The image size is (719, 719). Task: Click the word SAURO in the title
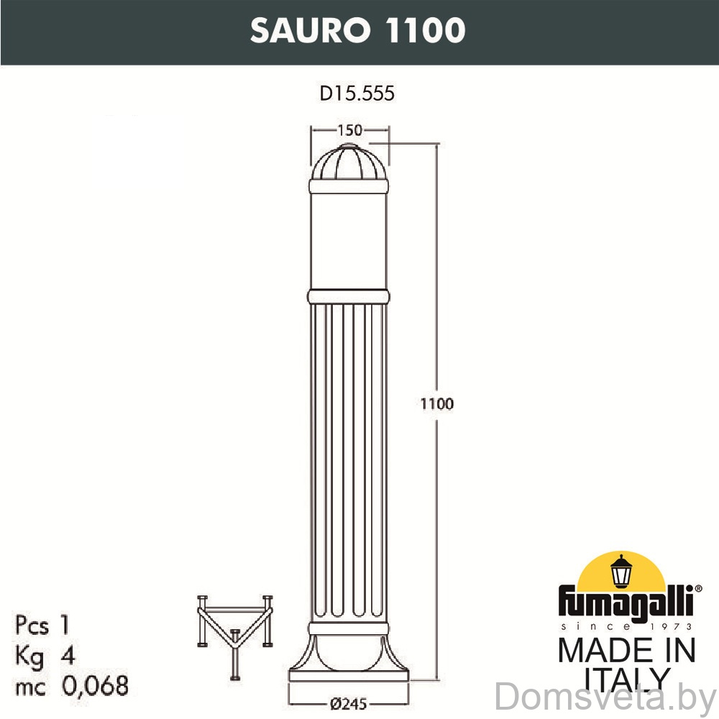[x=310, y=30]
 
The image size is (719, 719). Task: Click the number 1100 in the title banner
[x=426, y=30]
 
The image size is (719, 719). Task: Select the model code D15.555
[x=357, y=93]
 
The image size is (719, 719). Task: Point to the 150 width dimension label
[x=350, y=130]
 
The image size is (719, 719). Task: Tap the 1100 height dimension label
[x=437, y=403]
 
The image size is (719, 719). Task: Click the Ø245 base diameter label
[x=349, y=704]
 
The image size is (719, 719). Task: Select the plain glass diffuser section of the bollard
[x=349, y=241]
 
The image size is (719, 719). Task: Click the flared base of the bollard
[x=349, y=658]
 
